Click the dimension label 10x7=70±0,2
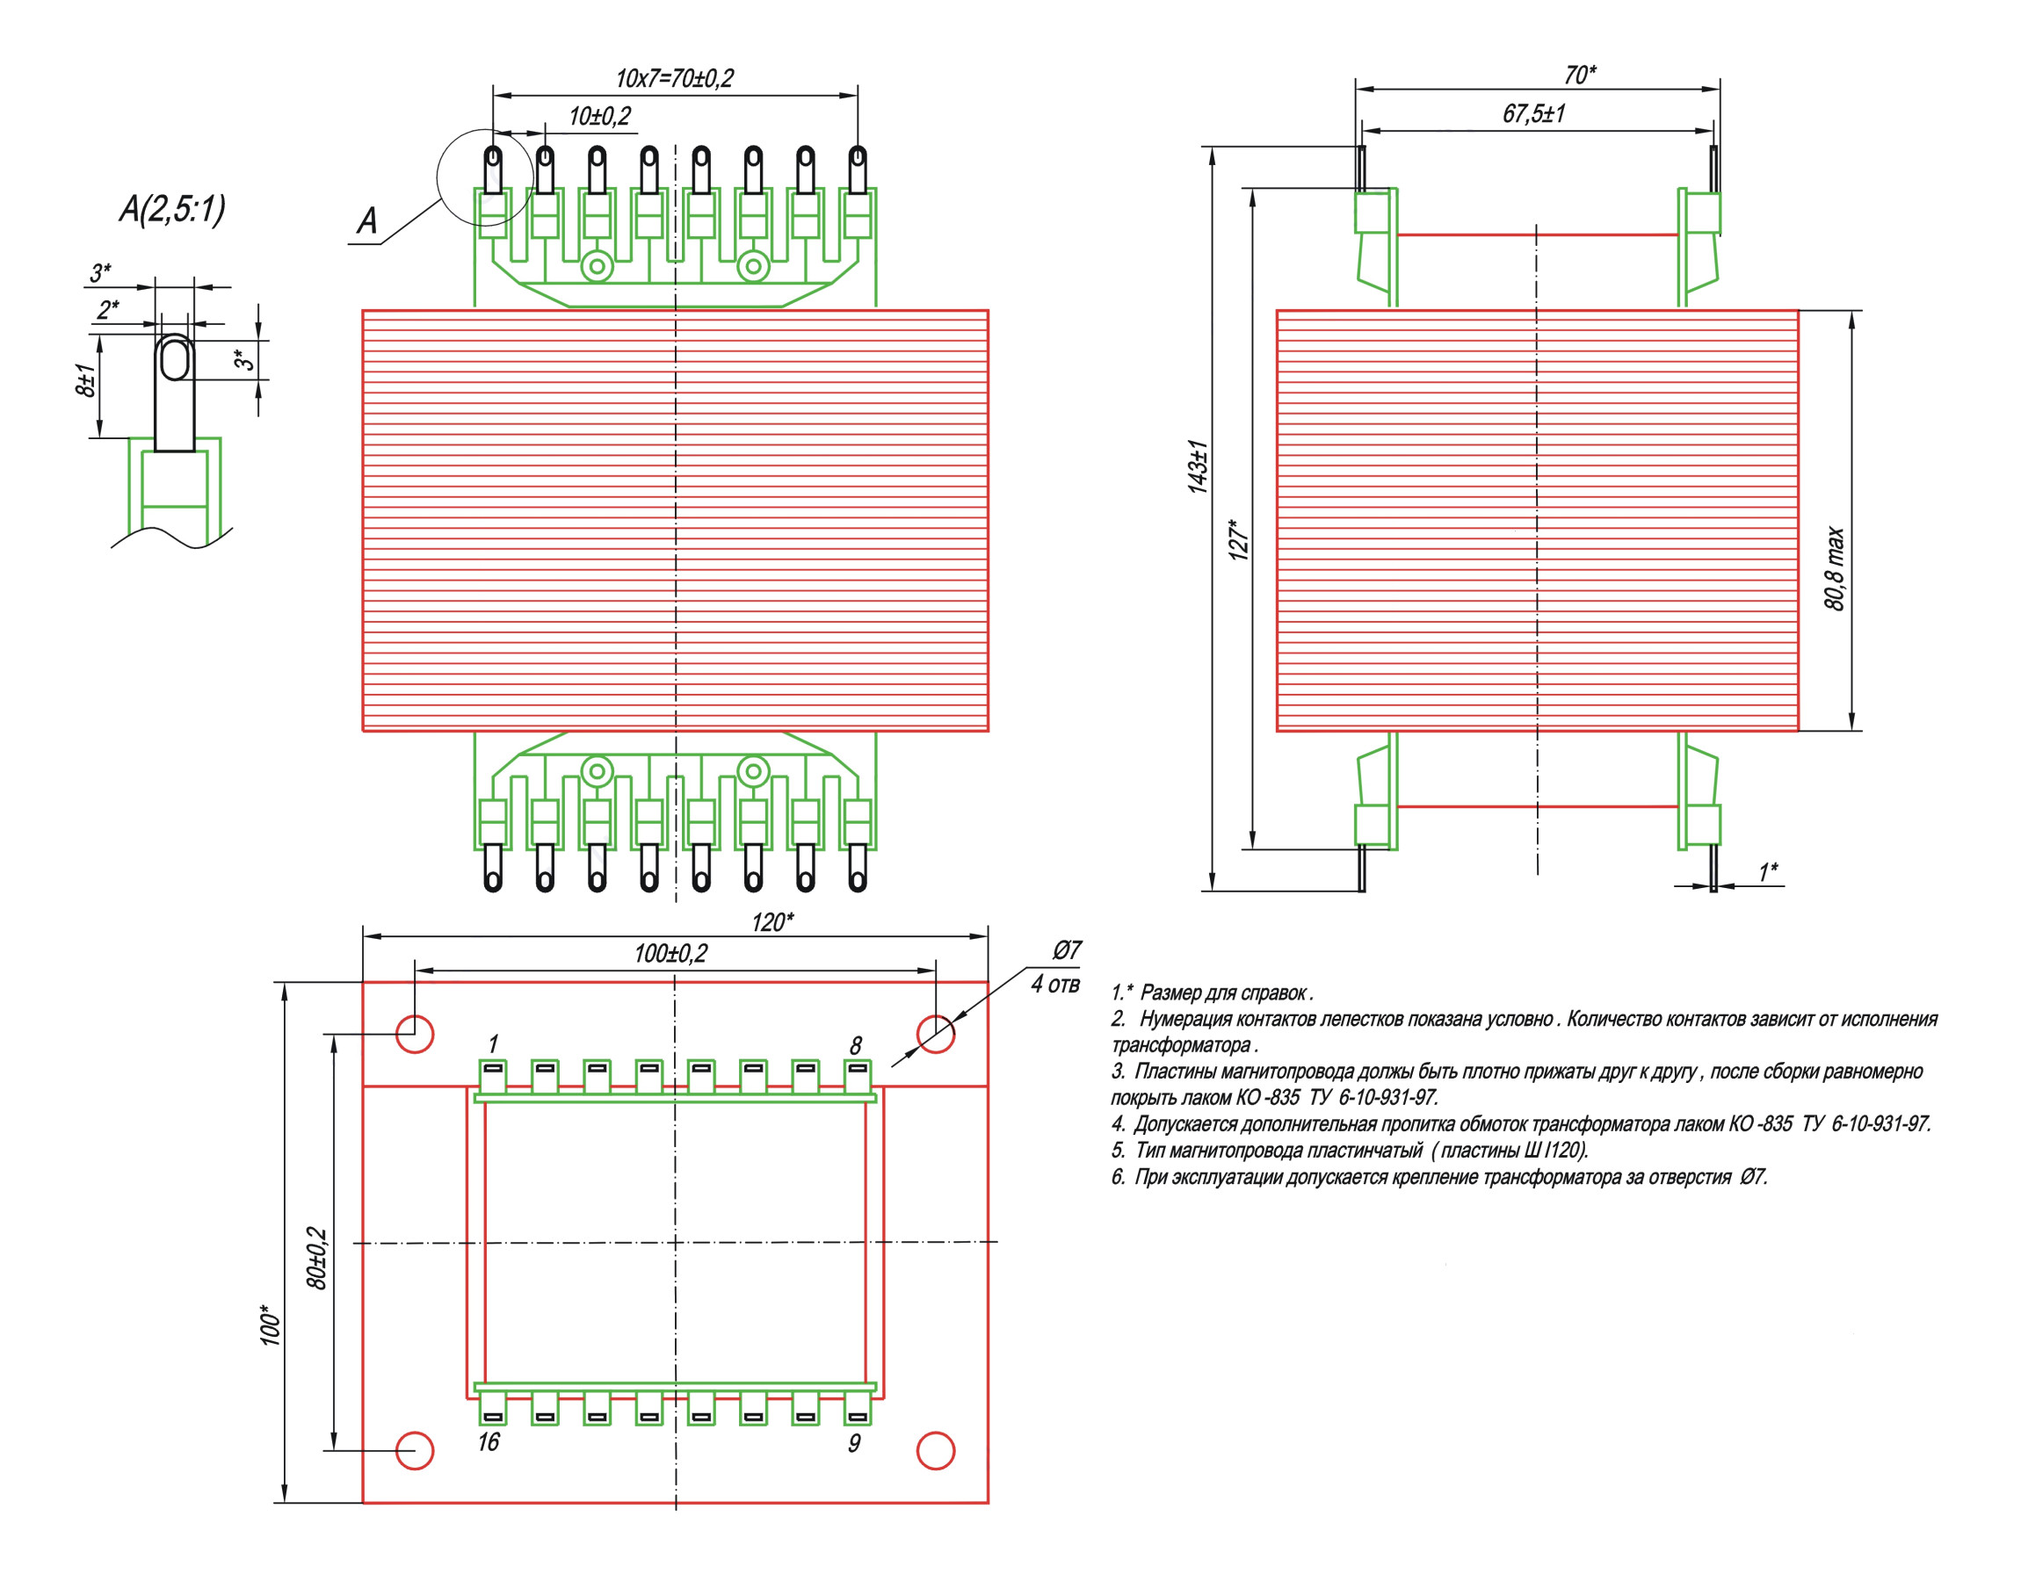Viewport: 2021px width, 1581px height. coord(674,79)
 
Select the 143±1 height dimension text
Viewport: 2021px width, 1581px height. coord(1199,466)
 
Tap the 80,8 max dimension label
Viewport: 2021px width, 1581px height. coord(1834,568)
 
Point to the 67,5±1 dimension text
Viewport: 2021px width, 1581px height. coord(1533,114)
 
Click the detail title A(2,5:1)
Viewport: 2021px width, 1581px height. coord(171,209)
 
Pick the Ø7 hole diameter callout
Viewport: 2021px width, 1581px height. coord(1067,950)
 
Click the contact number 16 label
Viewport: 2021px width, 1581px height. coord(489,1442)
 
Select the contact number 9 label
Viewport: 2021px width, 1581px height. coord(854,1443)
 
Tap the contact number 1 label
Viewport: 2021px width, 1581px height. coord(494,1044)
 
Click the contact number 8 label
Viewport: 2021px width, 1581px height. coord(856,1045)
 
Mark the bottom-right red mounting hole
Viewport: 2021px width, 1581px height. coord(935,1450)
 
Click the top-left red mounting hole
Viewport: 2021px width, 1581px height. coord(415,1033)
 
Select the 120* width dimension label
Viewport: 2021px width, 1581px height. coord(772,923)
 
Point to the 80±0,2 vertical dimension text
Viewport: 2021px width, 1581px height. coord(316,1258)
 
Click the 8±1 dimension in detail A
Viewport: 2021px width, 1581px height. coord(85,381)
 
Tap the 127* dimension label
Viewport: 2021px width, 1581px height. coord(1239,539)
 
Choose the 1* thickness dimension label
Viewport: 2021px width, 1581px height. coord(1768,872)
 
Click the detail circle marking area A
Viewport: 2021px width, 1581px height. coord(484,177)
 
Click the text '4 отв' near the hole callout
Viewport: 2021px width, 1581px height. coord(1055,984)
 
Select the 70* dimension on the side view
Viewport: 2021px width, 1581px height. coord(1579,75)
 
